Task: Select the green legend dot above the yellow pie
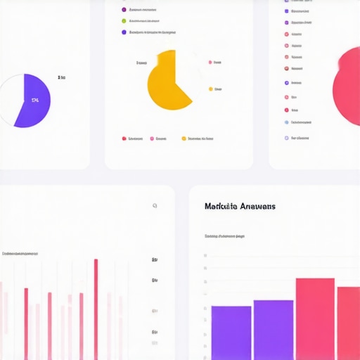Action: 124,21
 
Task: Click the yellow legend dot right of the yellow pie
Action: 210,89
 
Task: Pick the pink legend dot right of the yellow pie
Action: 210,63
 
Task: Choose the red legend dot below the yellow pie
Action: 124,139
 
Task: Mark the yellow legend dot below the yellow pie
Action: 184,139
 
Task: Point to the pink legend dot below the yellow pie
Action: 152,139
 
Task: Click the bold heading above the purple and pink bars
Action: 240,206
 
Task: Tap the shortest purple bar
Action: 231,332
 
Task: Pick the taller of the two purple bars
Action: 273,329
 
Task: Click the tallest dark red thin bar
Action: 96,309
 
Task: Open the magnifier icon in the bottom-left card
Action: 155,206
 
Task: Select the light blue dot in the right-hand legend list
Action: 287,122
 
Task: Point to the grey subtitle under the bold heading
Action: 224,236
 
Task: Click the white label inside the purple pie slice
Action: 35,101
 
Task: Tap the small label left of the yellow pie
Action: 141,63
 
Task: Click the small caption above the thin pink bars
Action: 20,253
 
